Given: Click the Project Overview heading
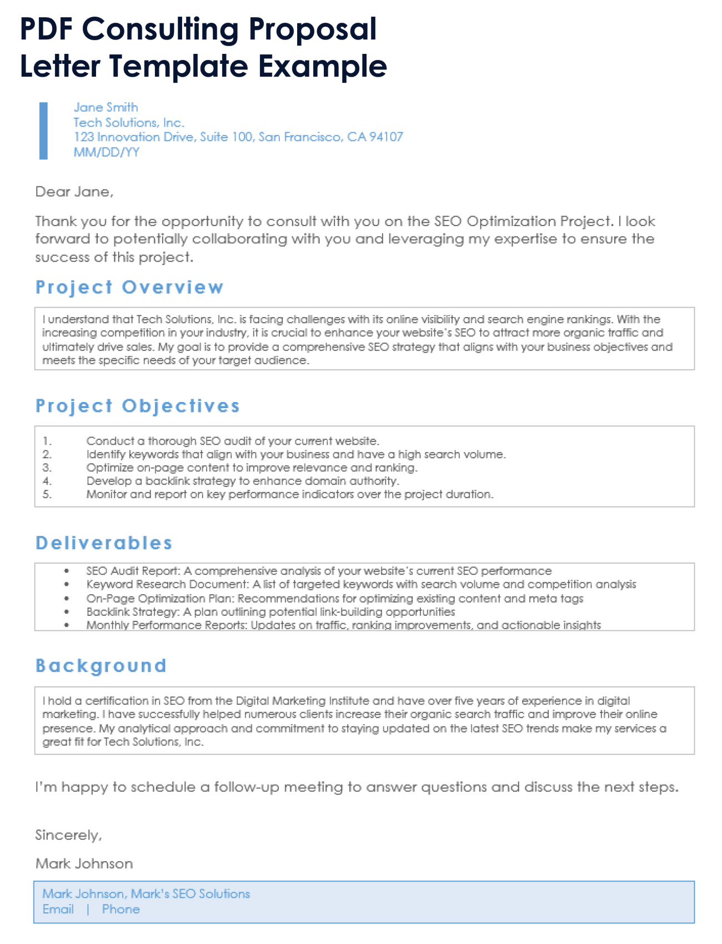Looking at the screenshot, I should pyautogui.click(x=129, y=287).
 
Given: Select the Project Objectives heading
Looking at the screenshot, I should pyautogui.click(x=138, y=406).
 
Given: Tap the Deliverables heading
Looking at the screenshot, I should pyautogui.click(x=104, y=543).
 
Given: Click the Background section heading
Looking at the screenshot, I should pyautogui.click(x=101, y=666).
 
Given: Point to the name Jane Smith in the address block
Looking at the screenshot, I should pyautogui.click(x=106, y=107).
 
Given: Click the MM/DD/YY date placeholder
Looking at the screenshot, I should pyautogui.click(x=106, y=152).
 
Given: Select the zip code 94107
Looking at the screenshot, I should pyautogui.click(x=386, y=137).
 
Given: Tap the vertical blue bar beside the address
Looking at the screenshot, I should pyautogui.click(x=43, y=130).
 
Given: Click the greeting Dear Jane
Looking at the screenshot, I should pyautogui.click(x=74, y=192).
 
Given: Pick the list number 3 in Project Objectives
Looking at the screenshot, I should pyautogui.click(x=47, y=468).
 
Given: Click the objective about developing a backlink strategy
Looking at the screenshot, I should pyautogui.click(x=242, y=481).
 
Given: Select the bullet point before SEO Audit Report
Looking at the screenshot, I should pyautogui.click(x=67, y=571).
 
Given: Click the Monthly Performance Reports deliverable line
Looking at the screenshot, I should pyautogui.click(x=343, y=625).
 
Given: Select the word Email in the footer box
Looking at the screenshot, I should pyautogui.click(x=58, y=910).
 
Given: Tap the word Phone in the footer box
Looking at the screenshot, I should pyautogui.click(x=121, y=910).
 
